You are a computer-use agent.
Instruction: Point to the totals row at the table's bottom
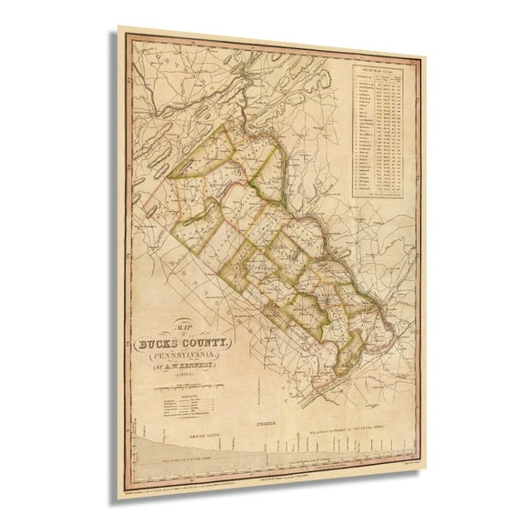(x=377, y=195)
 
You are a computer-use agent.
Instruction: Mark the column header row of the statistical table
(x=377, y=75)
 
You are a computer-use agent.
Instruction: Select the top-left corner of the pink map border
(x=126, y=37)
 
